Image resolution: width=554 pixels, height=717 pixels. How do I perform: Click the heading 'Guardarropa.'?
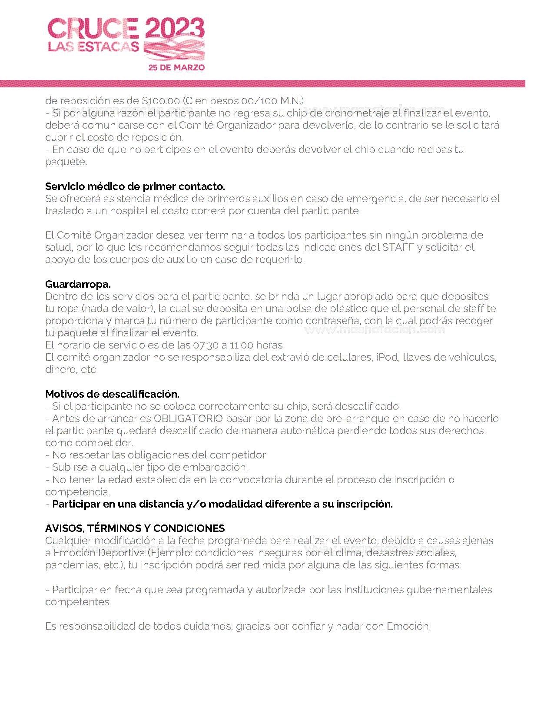pos(78,284)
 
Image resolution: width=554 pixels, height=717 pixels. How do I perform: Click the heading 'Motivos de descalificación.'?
pos(112,394)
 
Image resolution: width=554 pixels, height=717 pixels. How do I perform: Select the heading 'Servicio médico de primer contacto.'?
pos(135,186)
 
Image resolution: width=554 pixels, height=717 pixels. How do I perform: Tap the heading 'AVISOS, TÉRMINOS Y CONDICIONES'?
pos(135,528)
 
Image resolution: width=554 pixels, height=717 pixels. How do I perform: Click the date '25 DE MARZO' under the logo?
pos(176,67)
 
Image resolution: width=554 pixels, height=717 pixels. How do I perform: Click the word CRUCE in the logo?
pos(93,29)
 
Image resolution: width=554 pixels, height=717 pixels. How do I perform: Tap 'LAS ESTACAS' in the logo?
pos(93,46)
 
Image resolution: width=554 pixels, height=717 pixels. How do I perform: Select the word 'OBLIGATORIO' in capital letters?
pos(188,418)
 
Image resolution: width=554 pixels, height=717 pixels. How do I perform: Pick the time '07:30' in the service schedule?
pos(206,345)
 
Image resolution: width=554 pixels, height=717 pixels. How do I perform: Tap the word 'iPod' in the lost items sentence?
pos(387,357)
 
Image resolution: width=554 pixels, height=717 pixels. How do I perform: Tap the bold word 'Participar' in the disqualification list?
pos(76,504)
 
